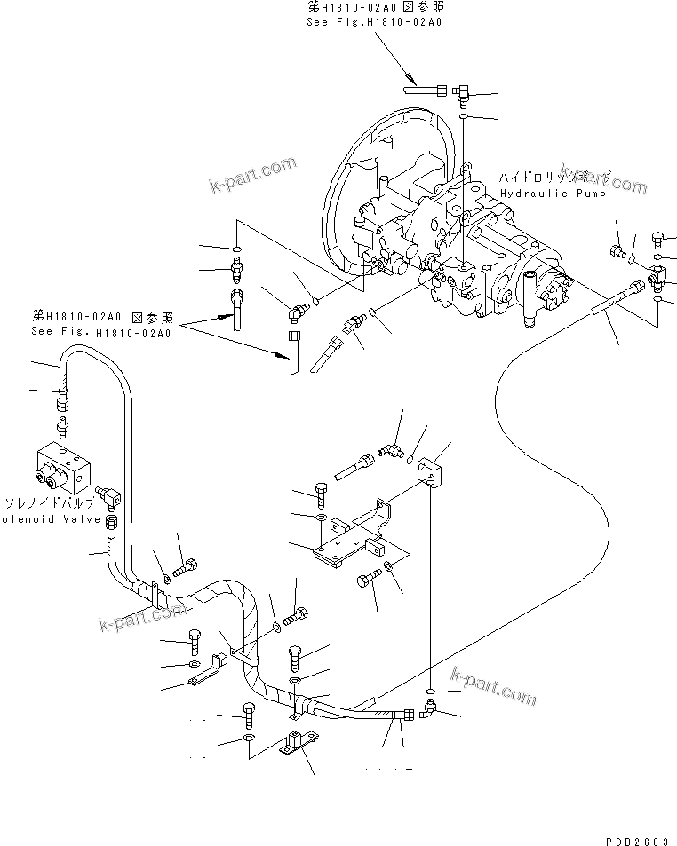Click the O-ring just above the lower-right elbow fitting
[430, 691]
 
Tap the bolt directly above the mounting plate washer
[321, 493]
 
